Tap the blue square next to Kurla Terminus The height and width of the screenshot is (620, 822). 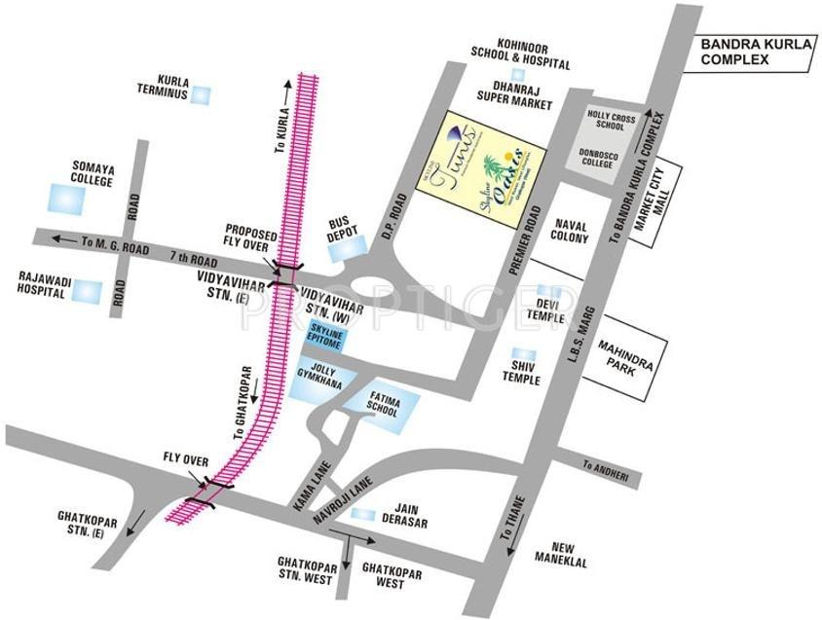202,94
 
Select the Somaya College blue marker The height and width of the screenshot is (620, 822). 66,200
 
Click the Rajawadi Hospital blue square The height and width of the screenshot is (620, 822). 89,291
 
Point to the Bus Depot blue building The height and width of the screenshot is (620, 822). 344,250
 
